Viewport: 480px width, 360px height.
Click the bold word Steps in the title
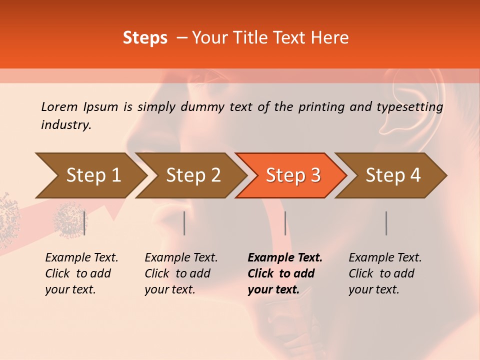(x=145, y=38)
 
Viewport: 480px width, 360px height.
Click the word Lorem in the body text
(x=59, y=106)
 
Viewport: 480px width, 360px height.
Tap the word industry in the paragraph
(x=65, y=124)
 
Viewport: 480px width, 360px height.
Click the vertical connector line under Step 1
(x=84, y=223)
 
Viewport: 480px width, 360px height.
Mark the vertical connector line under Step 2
(x=184, y=223)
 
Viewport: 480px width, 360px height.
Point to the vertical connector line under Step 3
(x=285, y=223)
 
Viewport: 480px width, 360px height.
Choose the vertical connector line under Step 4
(x=386, y=223)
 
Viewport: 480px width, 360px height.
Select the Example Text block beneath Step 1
(x=81, y=273)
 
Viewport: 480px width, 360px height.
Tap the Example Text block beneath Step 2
(x=181, y=273)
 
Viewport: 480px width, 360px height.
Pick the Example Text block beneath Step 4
(x=385, y=273)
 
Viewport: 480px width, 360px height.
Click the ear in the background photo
(x=412, y=102)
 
